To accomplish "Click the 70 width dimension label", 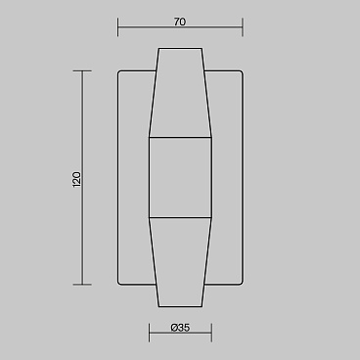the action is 180,22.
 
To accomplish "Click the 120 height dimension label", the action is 76,179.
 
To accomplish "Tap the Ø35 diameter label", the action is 180,328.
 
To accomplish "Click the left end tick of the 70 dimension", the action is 118,27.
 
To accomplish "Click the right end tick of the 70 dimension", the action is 243,27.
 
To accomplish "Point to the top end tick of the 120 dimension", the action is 82,70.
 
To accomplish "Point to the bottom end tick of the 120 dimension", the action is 82,285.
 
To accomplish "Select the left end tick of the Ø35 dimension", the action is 150,333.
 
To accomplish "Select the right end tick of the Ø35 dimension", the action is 211,333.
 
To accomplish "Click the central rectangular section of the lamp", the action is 180,177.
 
